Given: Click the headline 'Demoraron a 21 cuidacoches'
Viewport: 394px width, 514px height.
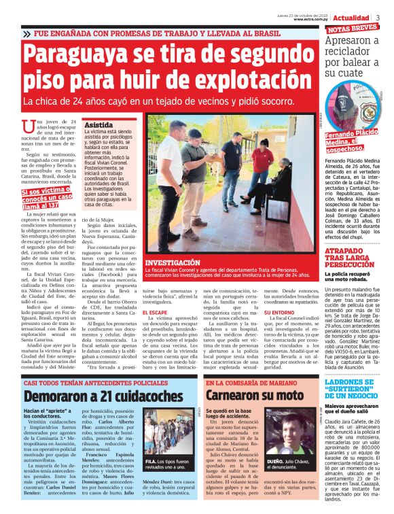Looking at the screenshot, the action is (x=103, y=396).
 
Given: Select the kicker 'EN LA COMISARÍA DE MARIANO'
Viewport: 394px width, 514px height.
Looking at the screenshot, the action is (x=253, y=383).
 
